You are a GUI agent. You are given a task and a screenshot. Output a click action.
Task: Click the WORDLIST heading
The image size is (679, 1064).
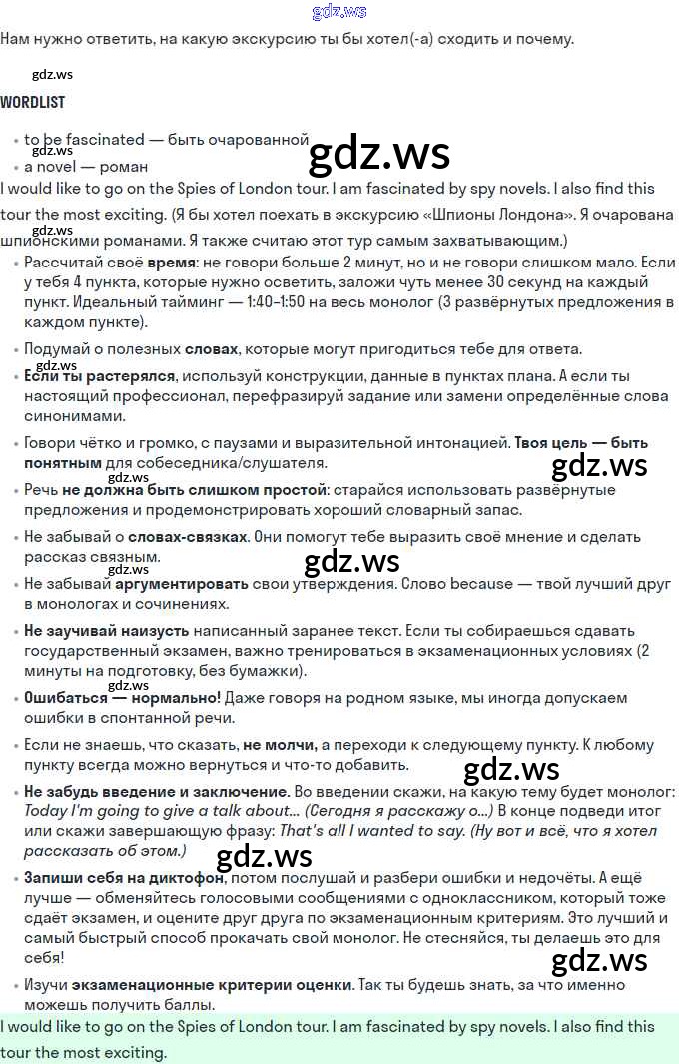33,102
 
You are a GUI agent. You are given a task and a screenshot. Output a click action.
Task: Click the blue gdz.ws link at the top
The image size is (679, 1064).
339,12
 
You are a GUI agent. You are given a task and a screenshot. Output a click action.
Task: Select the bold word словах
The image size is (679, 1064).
211,349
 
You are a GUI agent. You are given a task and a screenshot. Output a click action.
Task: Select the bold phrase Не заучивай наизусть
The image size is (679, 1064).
107,631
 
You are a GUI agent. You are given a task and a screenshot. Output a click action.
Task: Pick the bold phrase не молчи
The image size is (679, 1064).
280,745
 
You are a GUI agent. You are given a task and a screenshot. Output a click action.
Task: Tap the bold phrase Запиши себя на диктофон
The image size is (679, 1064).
125,879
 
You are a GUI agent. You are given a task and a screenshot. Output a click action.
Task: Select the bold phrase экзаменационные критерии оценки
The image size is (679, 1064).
212,984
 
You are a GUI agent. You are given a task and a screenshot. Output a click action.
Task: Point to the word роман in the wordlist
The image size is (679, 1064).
125,167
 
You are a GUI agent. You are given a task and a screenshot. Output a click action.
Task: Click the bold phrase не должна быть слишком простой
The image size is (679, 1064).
194,490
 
